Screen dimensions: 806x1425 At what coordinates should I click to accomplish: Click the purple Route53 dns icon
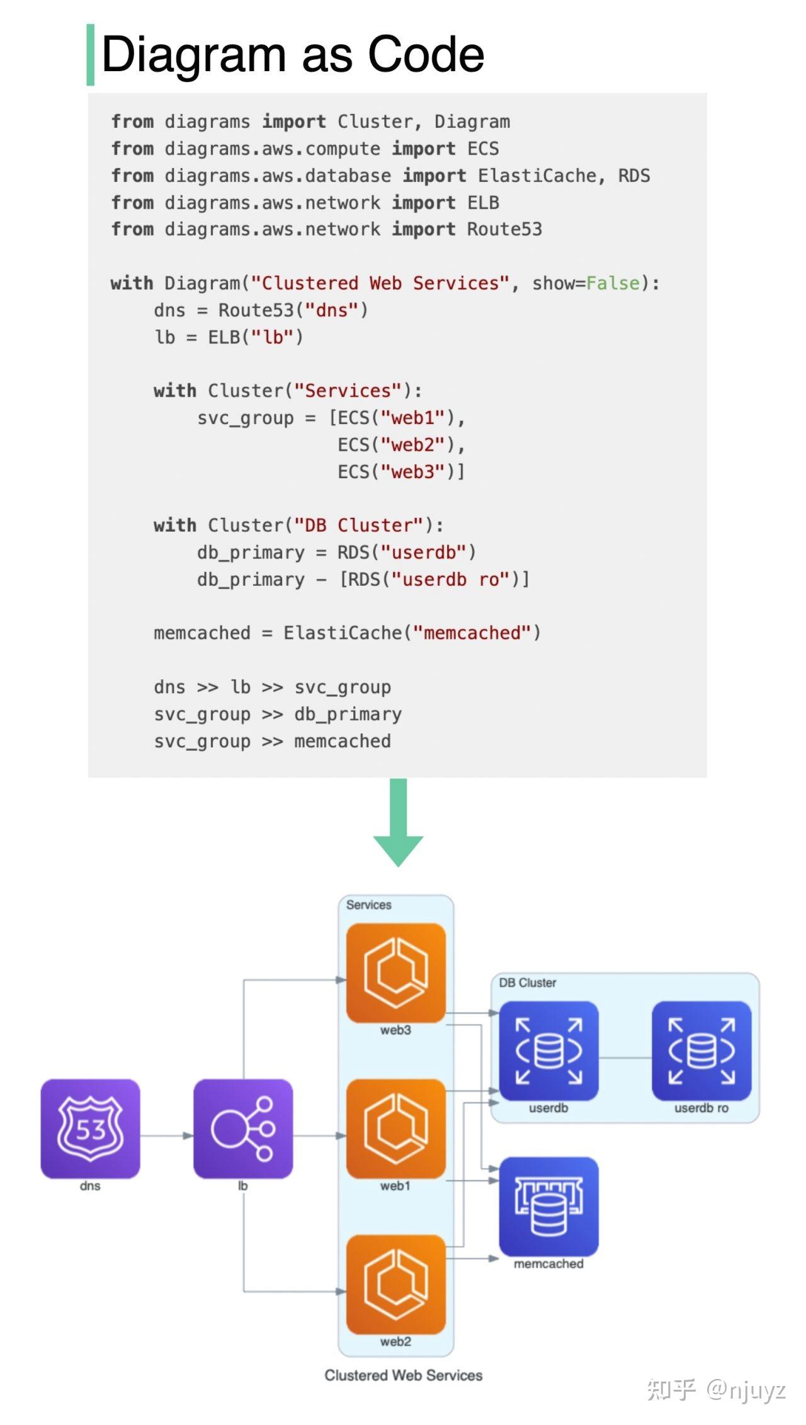pos(90,1128)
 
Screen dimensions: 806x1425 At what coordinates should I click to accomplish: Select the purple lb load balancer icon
pos(243,1128)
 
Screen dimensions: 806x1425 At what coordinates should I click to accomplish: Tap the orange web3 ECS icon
pos(396,973)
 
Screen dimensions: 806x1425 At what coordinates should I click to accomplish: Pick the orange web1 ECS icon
pos(396,1128)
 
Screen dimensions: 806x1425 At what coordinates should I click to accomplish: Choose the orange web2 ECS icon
pos(396,1284)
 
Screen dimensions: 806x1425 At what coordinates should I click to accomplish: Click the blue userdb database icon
pos(548,1051)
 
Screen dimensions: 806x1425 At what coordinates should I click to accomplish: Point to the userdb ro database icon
pos(701,1051)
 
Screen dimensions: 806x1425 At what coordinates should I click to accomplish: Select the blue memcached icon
pos(548,1206)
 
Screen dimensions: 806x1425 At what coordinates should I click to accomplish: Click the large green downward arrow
pos(398,822)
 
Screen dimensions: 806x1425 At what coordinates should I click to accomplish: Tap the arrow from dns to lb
pos(167,1135)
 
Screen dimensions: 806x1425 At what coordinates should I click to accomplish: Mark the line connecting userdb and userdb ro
pos(625,1058)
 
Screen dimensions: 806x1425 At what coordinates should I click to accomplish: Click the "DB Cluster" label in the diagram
pos(528,983)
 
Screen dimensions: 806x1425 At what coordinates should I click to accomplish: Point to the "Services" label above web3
pos(368,905)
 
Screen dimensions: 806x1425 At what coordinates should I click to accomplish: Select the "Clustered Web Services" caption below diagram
pos(404,1375)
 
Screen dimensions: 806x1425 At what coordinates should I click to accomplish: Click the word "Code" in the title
pos(426,54)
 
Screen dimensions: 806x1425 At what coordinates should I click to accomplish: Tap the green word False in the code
pos(613,283)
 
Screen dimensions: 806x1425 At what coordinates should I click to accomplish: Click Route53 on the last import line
pos(504,229)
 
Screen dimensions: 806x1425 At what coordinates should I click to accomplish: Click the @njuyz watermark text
pos(746,1390)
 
